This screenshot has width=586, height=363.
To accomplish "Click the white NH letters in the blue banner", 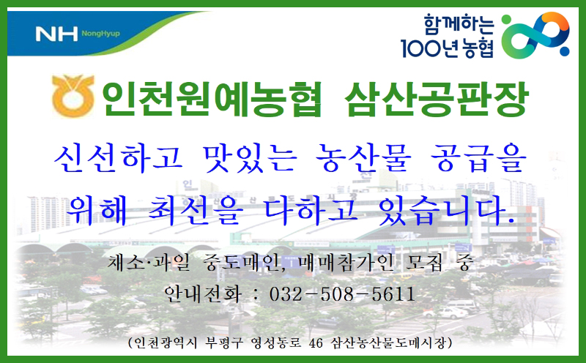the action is (x=56, y=34).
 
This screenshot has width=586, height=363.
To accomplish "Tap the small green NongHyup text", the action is (x=101, y=34).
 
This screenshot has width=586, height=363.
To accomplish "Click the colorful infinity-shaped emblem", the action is (x=535, y=35).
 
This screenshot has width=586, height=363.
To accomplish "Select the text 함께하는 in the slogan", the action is (x=459, y=25).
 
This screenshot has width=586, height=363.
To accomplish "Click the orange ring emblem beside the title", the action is (x=73, y=96).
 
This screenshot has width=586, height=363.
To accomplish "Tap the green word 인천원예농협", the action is (x=212, y=99).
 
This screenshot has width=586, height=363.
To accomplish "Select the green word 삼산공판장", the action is (x=436, y=99).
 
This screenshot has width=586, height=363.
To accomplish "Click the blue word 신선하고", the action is (x=119, y=158).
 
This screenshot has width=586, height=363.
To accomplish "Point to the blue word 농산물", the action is (x=363, y=158).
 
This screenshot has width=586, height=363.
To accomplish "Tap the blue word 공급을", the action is (x=478, y=158).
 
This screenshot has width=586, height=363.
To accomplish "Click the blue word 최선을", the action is (x=196, y=211).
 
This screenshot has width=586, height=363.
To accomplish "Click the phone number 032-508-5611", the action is (x=342, y=294).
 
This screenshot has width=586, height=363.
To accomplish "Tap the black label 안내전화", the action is (x=203, y=294).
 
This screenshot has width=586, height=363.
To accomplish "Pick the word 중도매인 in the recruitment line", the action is (x=242, y=263).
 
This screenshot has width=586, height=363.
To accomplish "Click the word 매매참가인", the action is (x=346, y=263).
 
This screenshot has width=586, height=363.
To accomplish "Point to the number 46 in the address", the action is (x=316, y=343).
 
